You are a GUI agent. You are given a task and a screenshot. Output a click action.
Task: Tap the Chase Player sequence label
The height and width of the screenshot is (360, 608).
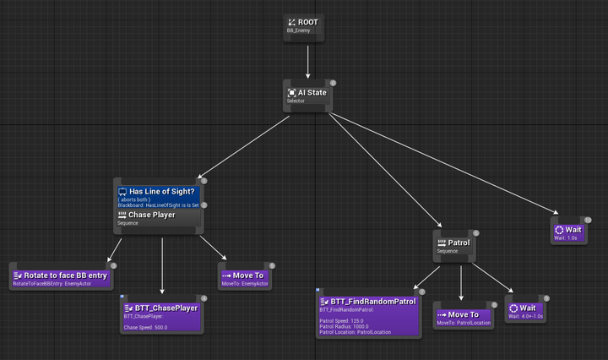point(151,215)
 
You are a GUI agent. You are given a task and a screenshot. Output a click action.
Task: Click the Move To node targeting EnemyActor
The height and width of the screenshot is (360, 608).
point(246,276)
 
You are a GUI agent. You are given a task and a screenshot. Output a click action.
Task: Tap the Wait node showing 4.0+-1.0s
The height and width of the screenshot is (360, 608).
point(526,309)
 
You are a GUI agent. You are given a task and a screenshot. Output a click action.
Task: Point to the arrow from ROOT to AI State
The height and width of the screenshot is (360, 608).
point(307,61)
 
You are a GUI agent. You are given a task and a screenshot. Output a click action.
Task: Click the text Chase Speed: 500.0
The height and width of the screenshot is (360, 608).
point(145,327)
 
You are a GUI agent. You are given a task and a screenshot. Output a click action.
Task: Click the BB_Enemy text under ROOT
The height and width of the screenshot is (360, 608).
point(299,30)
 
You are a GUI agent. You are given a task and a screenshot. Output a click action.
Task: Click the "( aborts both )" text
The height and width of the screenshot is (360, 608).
point(139,199)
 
